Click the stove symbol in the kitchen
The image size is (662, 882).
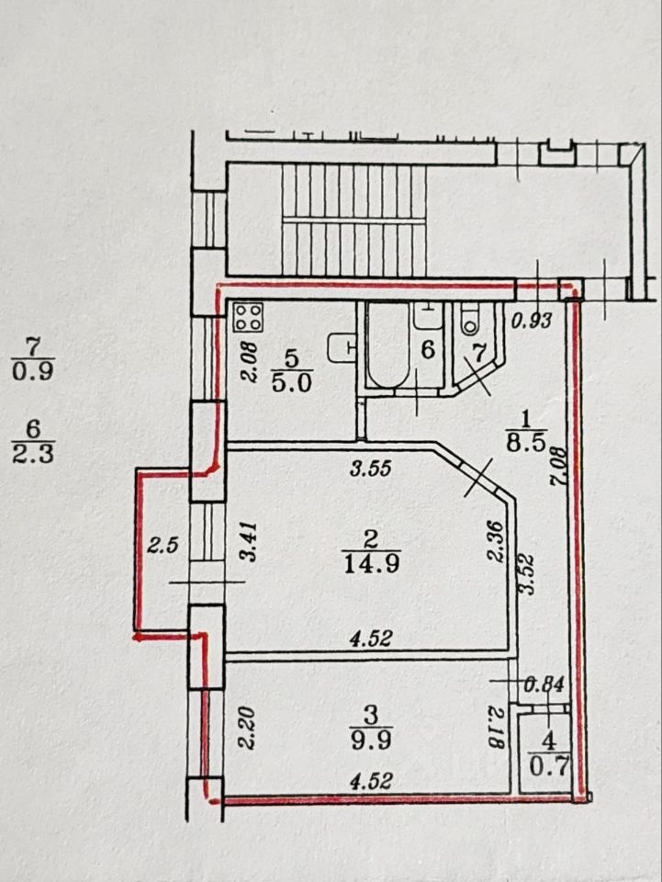point(249,319)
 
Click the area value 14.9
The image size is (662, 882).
point(370,562)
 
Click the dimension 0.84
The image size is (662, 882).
point(544,684)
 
